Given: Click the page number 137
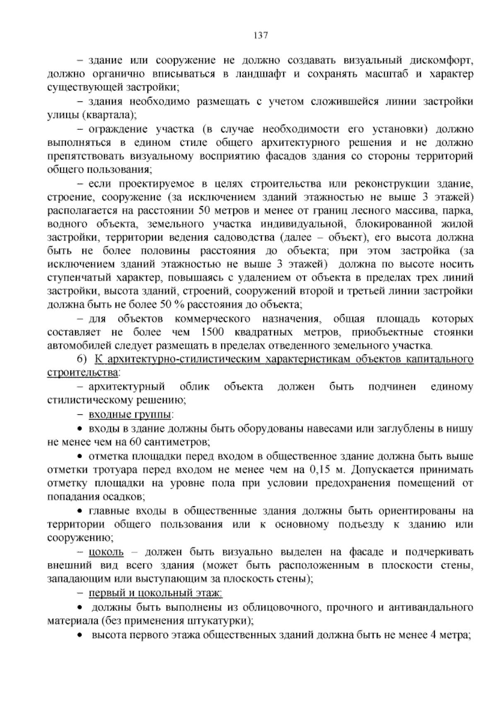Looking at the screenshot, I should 261,36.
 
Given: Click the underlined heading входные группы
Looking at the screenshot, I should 130,415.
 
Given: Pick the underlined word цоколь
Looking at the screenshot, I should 106,552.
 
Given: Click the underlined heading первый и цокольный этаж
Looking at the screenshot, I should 156,594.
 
